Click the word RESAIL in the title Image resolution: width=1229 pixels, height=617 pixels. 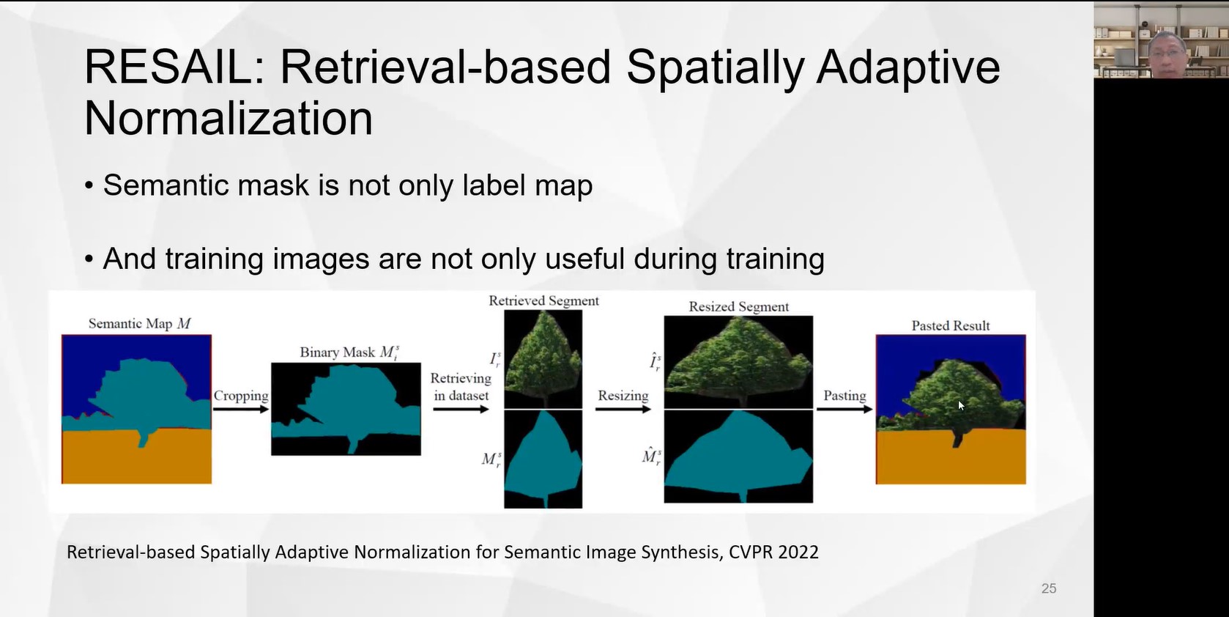[168, 67]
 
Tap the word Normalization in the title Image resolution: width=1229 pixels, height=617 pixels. [229, 119]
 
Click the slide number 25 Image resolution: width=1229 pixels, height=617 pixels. [1048, 588]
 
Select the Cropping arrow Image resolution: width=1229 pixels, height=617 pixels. [241, 409]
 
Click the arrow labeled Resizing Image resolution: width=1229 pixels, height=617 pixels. [623, 409]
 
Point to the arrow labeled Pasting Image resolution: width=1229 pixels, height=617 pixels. [844, 409]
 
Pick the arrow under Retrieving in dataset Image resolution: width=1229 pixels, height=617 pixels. [461, 409]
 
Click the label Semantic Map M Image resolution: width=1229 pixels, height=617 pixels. [139, 324]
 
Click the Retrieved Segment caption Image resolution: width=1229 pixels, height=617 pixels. [543, 301]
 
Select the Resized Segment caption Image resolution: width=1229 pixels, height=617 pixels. [738, 307]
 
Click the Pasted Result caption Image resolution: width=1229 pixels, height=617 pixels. [950, 326]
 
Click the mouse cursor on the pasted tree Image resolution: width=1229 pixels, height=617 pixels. [960, 404]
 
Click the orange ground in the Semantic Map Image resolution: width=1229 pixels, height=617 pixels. [136, 458]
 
